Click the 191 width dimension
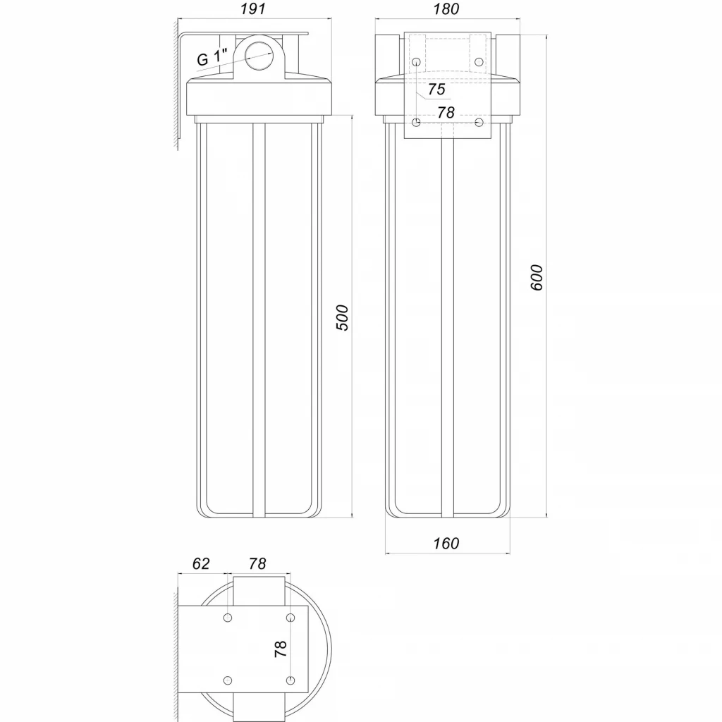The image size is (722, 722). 253,8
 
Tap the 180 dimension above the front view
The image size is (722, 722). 446,8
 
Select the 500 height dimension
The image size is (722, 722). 343,318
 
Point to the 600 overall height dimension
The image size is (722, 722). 537,278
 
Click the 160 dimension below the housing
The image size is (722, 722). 446,544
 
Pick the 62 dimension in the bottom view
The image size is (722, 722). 201,563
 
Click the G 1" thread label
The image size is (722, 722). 213,57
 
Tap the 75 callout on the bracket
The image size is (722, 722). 437,89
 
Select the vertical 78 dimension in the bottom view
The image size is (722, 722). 281,649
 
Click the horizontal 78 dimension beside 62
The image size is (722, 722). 257,563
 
